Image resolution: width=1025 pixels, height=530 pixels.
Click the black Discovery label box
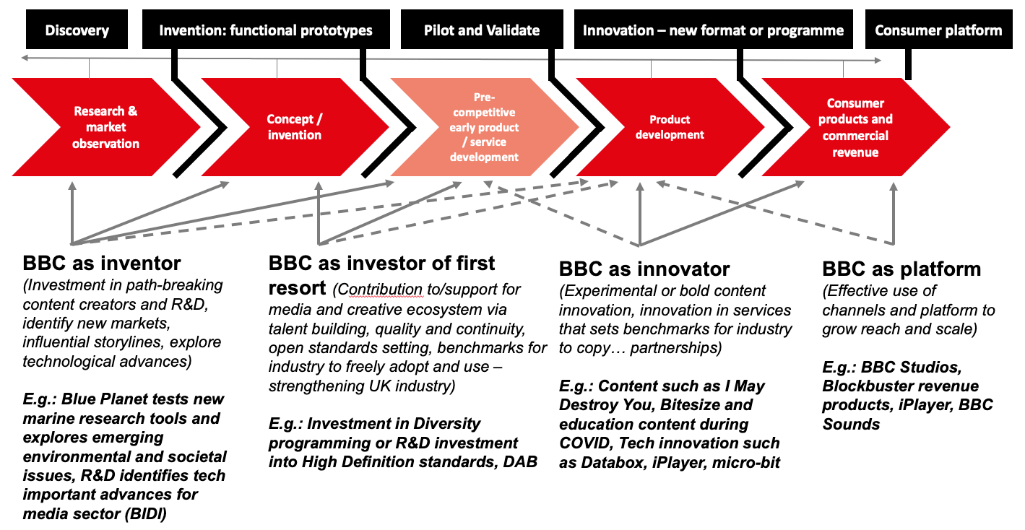click(77, 30)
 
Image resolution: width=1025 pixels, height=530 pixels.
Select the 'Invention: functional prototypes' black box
click(265, 30)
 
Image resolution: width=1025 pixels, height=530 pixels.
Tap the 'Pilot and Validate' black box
click(482, 30)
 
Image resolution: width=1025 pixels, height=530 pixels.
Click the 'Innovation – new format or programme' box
click(713, 30)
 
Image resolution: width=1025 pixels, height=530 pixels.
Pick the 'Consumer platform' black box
click(938, 30)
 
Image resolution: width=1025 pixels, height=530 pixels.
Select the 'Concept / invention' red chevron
click(294, 128)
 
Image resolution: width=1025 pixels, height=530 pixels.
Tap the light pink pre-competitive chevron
click(485, 128)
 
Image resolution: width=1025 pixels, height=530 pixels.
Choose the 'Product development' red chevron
click(670, 128)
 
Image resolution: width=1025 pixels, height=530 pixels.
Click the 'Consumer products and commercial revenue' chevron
click(855, 128)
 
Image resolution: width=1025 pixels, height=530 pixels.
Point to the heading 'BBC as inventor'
click(102, 263)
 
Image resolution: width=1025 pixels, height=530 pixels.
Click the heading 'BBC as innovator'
click(644, 269)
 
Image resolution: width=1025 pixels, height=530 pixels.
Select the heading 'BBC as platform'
click(901, 269)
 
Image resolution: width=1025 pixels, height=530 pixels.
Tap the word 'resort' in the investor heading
click(298, 288)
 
